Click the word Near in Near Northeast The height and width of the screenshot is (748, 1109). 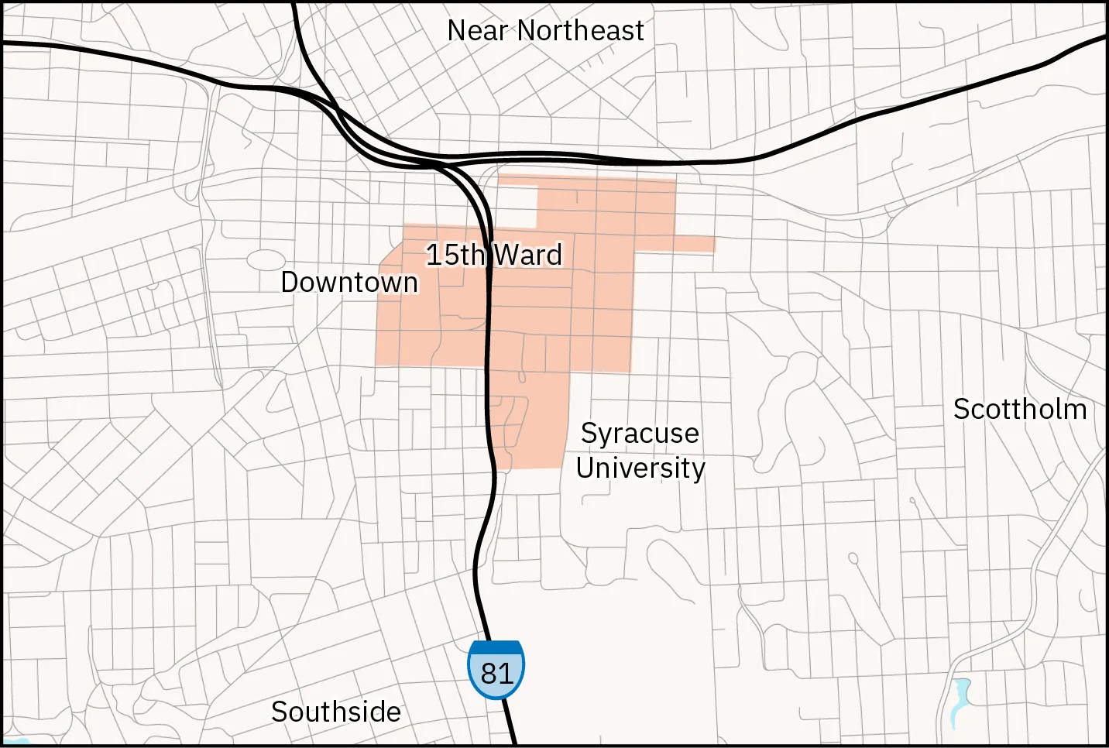477,31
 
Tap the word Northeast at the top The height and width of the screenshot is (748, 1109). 580,31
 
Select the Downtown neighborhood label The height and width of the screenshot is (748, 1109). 349,283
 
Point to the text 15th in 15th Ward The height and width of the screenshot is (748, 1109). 455,255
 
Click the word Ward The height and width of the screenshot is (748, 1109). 528,255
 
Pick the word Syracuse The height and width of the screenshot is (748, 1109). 640,434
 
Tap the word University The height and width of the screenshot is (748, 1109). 640,468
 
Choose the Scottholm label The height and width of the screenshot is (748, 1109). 1019,409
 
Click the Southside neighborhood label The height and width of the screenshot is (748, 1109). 336,712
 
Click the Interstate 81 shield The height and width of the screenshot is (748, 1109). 496,670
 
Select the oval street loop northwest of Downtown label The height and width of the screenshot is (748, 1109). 266,261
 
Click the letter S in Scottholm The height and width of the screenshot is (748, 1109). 961,409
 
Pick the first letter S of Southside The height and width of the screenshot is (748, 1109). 279,712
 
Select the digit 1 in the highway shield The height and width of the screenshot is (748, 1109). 506,674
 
